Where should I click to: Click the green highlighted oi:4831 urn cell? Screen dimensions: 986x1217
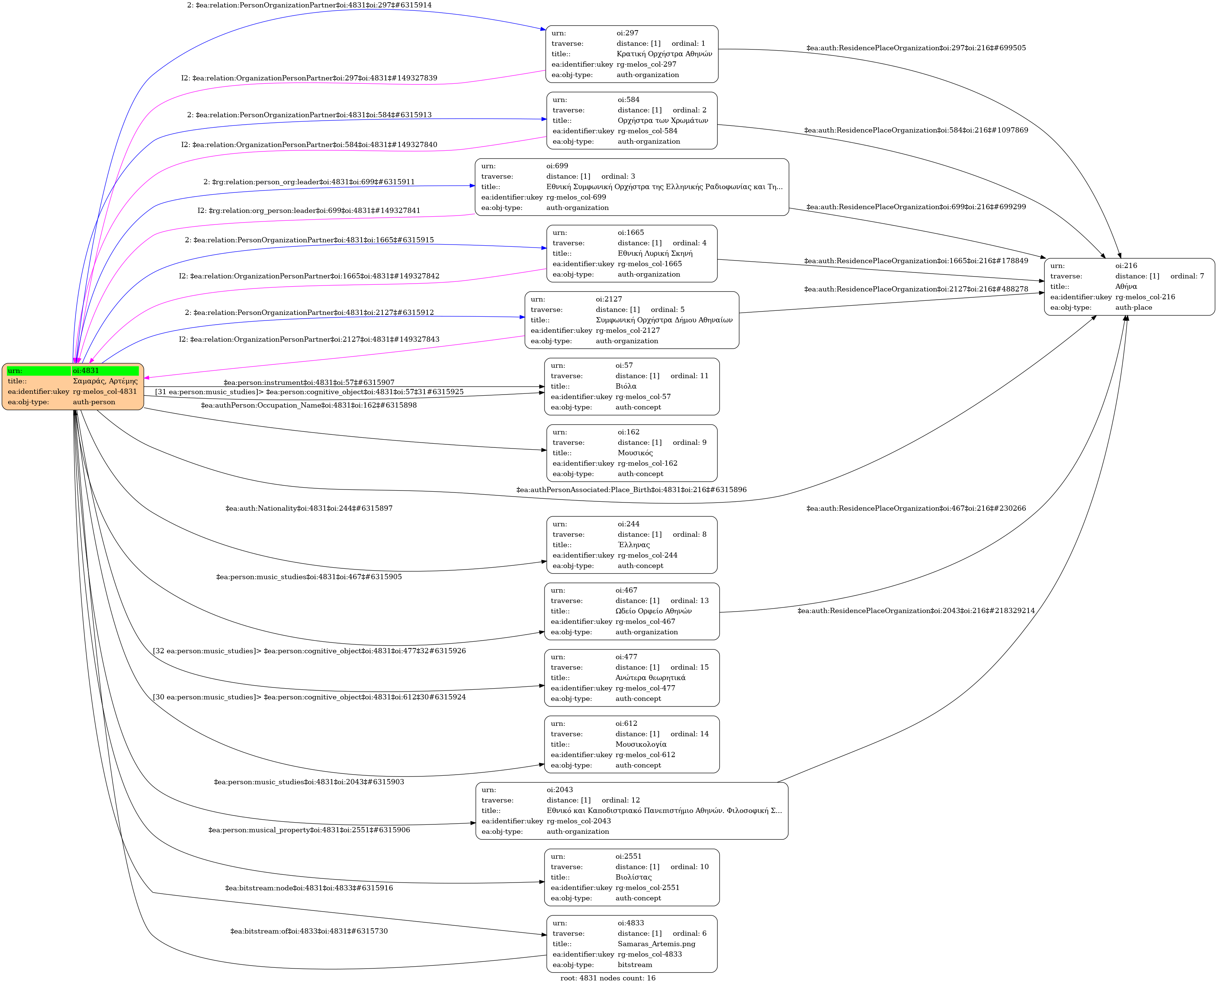(105, 371)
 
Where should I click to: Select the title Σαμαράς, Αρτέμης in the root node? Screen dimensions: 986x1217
(105, 381)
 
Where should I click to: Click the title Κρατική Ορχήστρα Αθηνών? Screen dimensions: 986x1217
(664, 54)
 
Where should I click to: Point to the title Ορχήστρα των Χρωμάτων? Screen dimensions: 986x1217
(662, 120)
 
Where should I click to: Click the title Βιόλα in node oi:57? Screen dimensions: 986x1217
(626, 386)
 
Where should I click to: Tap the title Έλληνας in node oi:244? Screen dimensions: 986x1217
(633, 545)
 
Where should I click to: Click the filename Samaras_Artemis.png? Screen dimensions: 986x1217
(656, 944)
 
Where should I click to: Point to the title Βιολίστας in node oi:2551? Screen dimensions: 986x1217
(633, 877)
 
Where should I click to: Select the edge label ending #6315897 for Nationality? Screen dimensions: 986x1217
(309, 508)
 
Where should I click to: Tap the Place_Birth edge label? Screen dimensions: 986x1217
(631, 489)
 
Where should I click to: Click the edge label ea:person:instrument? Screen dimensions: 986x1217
(308, 383)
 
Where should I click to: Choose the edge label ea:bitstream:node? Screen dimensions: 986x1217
(308, 888)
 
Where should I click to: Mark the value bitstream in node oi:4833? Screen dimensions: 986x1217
(634, 964)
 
